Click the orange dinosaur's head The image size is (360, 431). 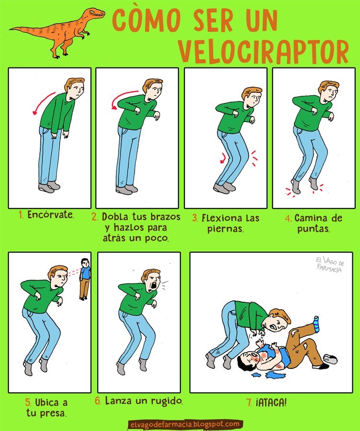click(96, 13)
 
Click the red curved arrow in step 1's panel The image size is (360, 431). click(44, 103)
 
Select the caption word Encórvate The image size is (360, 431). click(51, 215)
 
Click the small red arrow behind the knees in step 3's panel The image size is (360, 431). click(223, 159)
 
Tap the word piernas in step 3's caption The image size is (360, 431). click(225, 229)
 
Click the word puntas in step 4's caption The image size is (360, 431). click(313, 229)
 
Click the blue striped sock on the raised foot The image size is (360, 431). click(316, 324)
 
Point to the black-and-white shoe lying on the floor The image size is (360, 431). click(330, 358)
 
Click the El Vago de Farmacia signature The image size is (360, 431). click(330, 264)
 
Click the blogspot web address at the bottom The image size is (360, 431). click(185, 425)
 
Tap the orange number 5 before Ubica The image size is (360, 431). click(28, 403)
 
